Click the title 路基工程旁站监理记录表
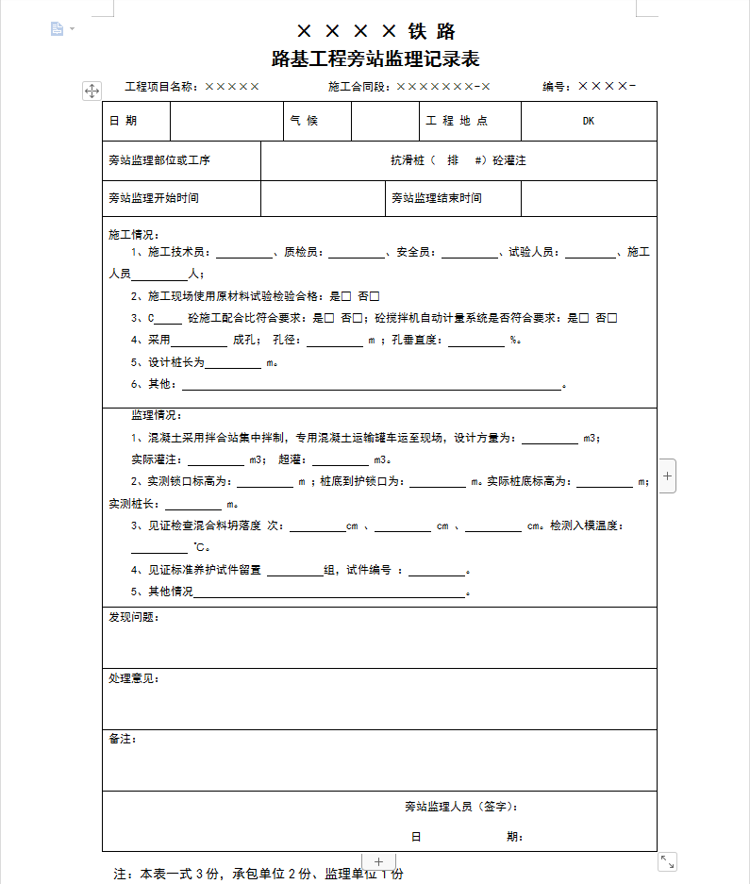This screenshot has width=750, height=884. click(x=375, y=59)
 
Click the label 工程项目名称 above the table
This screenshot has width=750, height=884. click(x=161, y=87)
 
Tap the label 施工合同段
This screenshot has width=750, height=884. click(x=359, y=87)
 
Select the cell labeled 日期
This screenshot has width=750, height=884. click(x=124, y=121)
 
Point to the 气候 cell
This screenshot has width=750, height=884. click(x=305, y=121)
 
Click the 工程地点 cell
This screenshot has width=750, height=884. click(x=457, y=121)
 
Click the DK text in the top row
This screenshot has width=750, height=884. click(x=588, y=121)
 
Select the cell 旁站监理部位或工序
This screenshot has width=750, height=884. click(x=159, y=160)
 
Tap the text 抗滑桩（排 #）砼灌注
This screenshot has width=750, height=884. click(x=458, y=160)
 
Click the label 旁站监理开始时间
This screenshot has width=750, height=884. click(x=154, y=198)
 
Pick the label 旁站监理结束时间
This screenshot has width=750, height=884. click(x=437, y=198)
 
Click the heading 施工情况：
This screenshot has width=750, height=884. click(x=135, y=234)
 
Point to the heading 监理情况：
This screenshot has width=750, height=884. click(x=157, y=415)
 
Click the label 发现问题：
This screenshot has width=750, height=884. click(x=134, y=617)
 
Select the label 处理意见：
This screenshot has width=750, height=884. click(x=134, y=678)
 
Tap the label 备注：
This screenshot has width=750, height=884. click(x=123, y=739)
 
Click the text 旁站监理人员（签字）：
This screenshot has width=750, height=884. click(x=461, y=807)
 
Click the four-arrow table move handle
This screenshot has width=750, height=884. click(x=92, y=91)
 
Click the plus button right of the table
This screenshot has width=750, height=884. click(x=668, y=476)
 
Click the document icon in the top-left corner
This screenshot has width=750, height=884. click(x=58, y=29)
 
